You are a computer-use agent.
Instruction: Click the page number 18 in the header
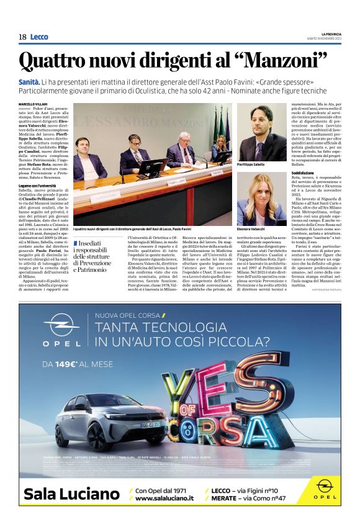(22, 37)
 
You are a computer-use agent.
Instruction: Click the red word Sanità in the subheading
(30, 83)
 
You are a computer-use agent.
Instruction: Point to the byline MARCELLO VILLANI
(34, 104)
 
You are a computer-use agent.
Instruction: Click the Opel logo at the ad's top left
(61, 330)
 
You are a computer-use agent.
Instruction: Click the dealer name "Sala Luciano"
(71, 495)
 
